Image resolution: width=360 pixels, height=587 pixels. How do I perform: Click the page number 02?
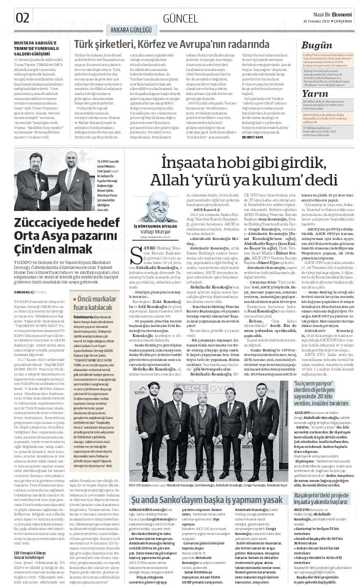pos(23,17)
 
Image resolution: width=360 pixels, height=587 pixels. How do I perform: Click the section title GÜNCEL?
pos(180,18)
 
